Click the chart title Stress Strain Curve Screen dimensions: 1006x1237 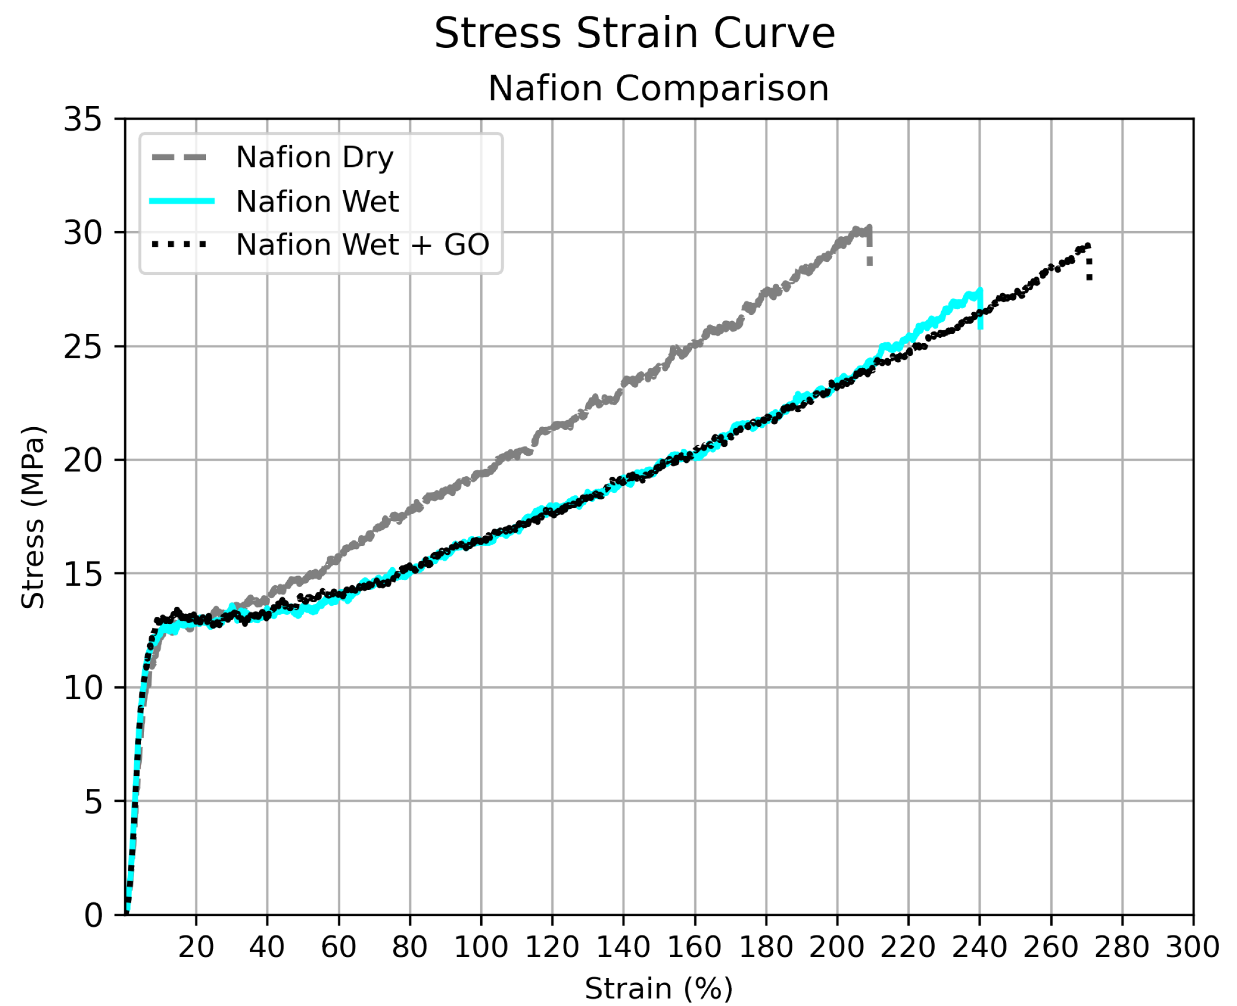[x=634, y=34]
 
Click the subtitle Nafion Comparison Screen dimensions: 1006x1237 [x=658, y=89]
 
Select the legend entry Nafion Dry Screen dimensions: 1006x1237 [x=315, y=158]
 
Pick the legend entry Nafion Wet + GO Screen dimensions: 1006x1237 [x=362, y=244]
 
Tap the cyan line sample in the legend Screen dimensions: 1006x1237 [x=182, y=201]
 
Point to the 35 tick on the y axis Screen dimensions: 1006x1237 [x=82, y=120]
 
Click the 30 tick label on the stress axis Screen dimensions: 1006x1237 [x=82, y=233]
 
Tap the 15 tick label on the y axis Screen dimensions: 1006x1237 [x=82, y=575]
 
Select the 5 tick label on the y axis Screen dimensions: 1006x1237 [x=93, y=802]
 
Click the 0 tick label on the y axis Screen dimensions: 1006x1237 [x=93, y=916]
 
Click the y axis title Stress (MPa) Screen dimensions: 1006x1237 [x=33, y=518]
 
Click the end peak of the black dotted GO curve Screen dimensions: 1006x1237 [x=1087, y=246]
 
